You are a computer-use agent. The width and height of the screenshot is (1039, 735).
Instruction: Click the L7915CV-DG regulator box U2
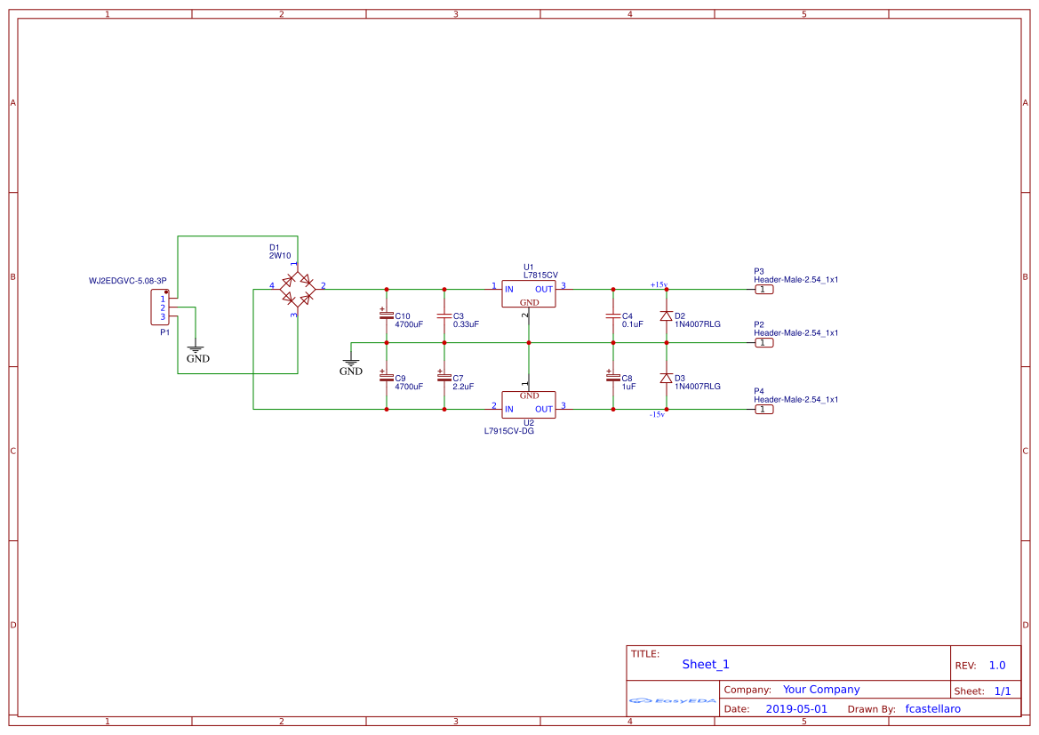click(x=529, y=404)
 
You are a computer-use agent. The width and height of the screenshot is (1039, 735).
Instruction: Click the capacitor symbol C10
click(x=386, y=316)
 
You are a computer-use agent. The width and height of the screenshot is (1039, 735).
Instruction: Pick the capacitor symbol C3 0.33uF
click(x=444, y=316)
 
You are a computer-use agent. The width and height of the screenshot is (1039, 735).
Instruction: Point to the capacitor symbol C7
click(x=444, y=378)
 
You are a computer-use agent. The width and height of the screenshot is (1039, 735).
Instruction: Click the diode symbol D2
click(x=666, y=316)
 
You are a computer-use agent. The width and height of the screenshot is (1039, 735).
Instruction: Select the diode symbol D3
click(x=666, y=378)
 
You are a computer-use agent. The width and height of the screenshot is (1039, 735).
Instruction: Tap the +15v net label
click(x=659, y=284)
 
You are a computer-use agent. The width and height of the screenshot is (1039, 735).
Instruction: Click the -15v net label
click(x=657, y=415)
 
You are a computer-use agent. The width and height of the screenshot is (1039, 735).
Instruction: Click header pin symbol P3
click(x=763, y=289)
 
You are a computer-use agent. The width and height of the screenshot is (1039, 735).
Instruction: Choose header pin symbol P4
click(x=763, y=409)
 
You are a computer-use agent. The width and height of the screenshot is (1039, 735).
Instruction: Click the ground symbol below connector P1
click(x=197, y=352)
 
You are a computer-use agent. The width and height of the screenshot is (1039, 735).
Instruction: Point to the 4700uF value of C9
click(x=409, y=387)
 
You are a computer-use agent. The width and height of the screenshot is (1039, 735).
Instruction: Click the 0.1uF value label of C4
click(x=633, y=324)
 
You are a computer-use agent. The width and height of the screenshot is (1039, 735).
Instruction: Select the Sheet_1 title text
click(x=706, y=664)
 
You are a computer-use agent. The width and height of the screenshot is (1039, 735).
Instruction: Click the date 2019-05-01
click(x=795, y=709)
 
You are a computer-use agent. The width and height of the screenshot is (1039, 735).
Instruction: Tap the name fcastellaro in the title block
click(x=932, y=709)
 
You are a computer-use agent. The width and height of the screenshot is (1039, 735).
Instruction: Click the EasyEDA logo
click(x=673, y=700)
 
